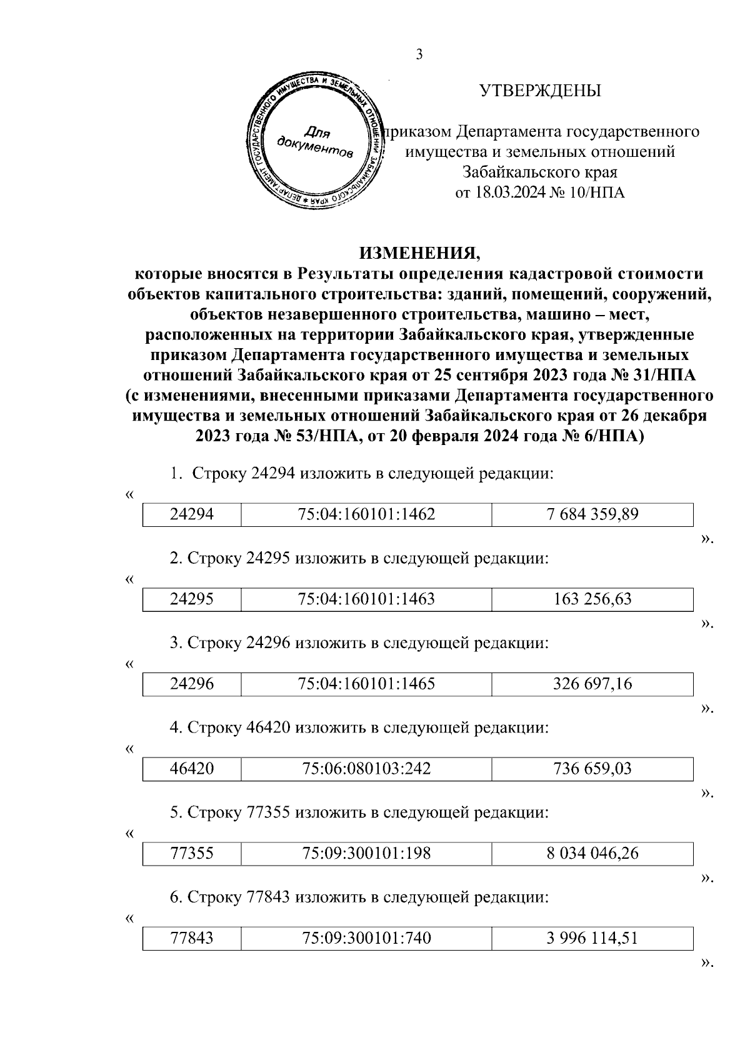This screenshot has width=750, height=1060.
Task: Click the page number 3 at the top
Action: coord(419,54)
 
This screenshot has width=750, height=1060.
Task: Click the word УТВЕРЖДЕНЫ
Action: coord(540,91)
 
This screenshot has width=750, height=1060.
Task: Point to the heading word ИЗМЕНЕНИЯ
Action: coord(420,253)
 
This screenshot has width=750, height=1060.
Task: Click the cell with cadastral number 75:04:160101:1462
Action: coord(366,514)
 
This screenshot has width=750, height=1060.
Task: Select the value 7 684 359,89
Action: coord(592,514)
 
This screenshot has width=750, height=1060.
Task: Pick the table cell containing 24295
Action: coord(192,599)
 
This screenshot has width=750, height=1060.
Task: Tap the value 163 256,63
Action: coord(592,599)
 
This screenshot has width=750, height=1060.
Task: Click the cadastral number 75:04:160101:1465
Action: coord(366,684)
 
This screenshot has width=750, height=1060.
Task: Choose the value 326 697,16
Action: coord(592,684)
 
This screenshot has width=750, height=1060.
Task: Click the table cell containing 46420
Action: coord(192,768)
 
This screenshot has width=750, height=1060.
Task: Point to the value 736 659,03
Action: coord(592,768)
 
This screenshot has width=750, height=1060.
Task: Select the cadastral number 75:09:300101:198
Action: coord(366,853)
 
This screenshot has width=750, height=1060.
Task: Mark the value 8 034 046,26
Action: coord(592,853)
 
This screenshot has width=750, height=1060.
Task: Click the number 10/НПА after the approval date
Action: coord(597,192)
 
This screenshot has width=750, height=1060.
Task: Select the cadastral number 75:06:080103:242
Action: coord(366,768)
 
